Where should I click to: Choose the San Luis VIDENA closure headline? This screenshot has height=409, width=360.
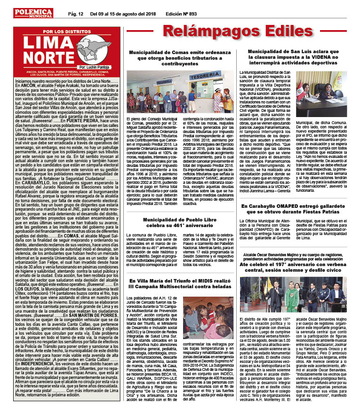(x=296, y=58)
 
